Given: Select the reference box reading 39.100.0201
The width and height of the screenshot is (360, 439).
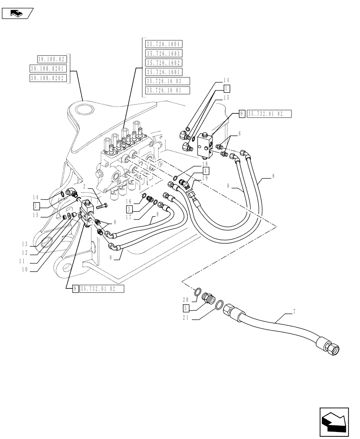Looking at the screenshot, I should pos(47,68).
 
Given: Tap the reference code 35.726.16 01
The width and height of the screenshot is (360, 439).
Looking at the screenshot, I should pos(167,90).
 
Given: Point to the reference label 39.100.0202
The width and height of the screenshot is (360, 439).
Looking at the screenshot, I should pos(47,78).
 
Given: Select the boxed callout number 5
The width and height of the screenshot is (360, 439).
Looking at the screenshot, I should pos(186,308).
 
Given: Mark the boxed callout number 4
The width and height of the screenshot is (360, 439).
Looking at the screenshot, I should pos(205,170).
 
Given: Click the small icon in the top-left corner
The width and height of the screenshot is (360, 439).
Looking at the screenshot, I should pos(18,14).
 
